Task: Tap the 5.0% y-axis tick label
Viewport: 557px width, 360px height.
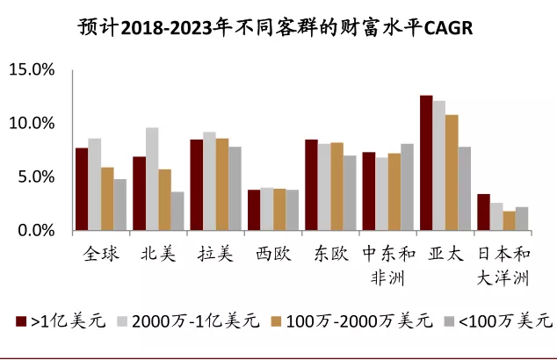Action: [34, 176]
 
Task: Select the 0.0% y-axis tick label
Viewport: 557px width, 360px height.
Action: [34, 230]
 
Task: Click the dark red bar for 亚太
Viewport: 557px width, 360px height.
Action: [426, 163]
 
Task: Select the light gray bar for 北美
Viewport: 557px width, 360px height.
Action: [152, 179]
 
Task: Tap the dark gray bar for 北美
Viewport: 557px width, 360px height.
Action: [177, 212]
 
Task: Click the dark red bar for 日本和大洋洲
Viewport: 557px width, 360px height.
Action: [483, 212]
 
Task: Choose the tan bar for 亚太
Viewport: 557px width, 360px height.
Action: [452, 173]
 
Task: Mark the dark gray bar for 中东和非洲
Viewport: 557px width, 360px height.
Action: [407, 187]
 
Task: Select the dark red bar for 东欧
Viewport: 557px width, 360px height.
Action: [311, 185]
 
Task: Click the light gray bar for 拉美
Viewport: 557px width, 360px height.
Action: [209, 182]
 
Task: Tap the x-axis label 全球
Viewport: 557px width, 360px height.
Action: [101, 254]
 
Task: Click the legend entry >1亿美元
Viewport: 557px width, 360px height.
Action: [61, 321]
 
